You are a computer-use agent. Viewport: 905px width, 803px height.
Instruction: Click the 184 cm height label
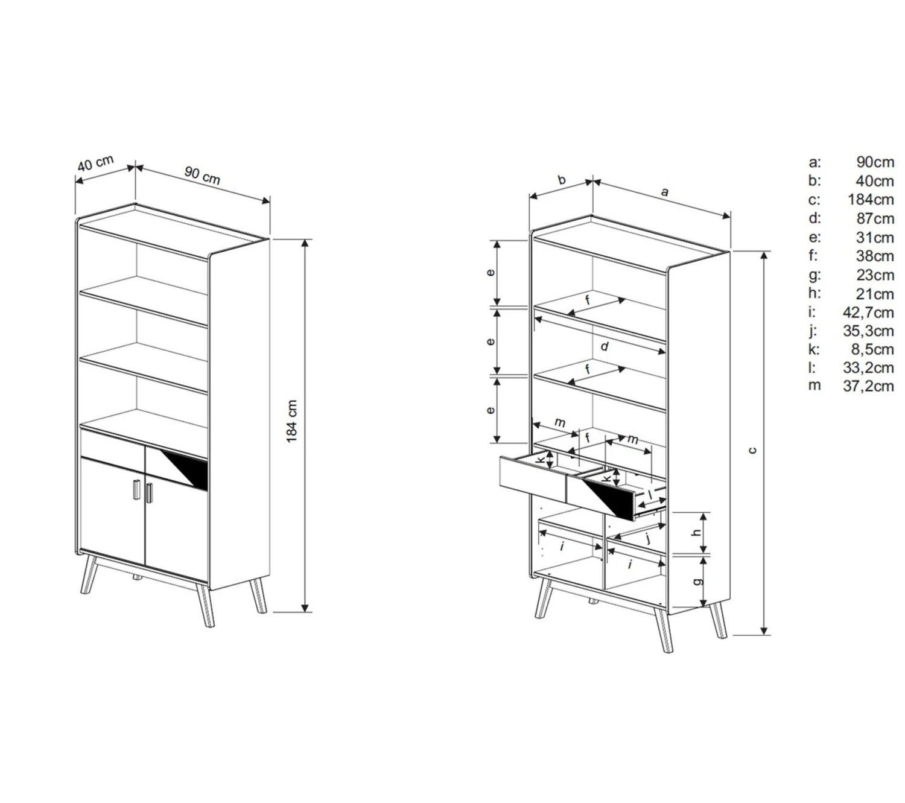pos(291,421)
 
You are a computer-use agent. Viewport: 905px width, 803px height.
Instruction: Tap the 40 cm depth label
pos(95,163)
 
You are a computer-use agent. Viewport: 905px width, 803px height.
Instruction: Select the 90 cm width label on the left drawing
pos(202,176)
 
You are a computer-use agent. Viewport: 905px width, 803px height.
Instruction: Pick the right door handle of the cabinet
pos(149,492)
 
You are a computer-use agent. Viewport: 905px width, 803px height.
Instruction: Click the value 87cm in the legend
pos(875,219)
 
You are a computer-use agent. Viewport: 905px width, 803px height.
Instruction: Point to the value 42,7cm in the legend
pos(868,313)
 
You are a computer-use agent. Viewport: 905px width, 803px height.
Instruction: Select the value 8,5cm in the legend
pos(872,349)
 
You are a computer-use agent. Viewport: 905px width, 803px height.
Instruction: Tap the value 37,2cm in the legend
pos(868,386)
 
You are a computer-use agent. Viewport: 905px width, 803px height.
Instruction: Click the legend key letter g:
pos(815,275)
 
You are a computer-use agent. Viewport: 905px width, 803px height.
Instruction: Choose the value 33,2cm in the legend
pos(868,368)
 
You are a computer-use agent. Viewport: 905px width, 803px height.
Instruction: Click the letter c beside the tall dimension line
pos(753,449)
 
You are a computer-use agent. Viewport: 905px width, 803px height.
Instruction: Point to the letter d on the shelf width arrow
pos(604,346)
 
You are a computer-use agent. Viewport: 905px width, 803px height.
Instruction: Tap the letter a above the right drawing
pos(665,192)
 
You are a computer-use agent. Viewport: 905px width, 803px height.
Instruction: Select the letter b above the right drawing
pos(562,180)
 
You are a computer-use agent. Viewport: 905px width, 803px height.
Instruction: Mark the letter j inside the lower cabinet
pos(649,539)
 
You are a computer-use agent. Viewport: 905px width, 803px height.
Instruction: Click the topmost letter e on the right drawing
pos(491,272)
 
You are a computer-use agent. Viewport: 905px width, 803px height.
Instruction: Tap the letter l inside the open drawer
pos(650,494)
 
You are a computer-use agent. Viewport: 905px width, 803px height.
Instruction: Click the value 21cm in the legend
pos(875,294)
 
